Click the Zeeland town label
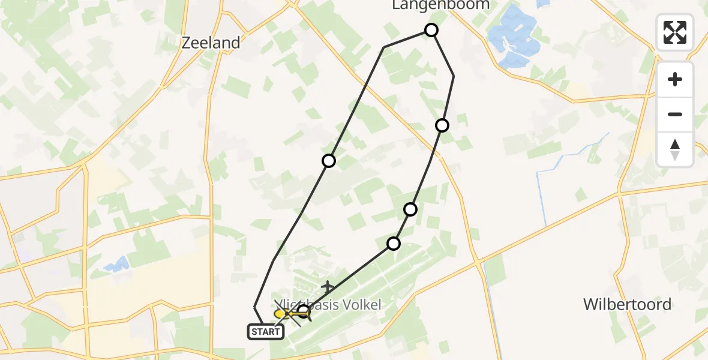(x=211, y=43)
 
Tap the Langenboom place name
(x=440, y=5)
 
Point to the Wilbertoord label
(x=628, y=304)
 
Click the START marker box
(x=266, y=331)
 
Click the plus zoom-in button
(x=675, y=79)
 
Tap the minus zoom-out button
(x=675, y=114)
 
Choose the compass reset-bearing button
(x=675, y=149)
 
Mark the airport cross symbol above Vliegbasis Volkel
(x=328, y=287)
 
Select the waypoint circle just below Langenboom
(x=431, y=30)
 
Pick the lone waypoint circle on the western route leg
(x=329, y=161)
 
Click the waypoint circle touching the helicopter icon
(x=304, y=311)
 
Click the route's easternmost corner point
(x=454, y=76)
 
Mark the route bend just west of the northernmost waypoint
(x=384, y=47)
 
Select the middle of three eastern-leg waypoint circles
(x=410, y=209)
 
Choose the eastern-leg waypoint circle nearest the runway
(x=394, y=244)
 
